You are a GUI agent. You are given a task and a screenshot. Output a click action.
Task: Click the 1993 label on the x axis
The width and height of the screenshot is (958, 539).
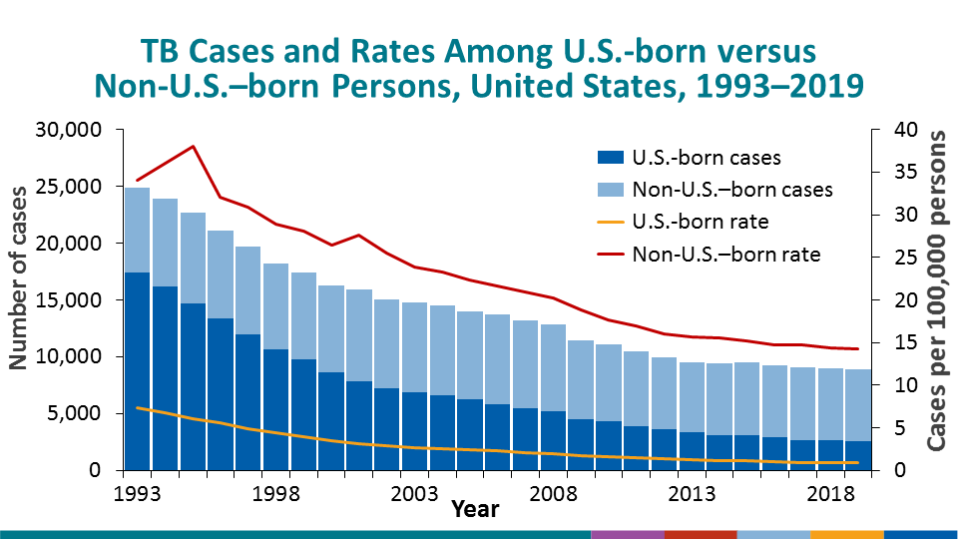[138, 494]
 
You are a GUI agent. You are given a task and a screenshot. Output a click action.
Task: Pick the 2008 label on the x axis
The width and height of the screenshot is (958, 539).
[554, 494]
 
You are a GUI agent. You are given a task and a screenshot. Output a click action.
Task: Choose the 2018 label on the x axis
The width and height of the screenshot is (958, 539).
[830, 494]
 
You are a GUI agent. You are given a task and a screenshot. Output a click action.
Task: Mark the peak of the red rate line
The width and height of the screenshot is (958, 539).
[194, 146]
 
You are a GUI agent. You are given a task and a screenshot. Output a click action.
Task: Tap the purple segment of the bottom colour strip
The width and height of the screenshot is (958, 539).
[627, 534]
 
